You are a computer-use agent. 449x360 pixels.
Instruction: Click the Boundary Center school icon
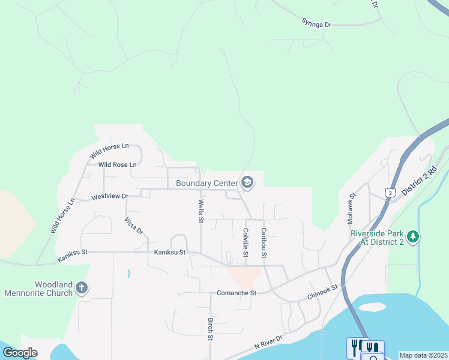pyautogui.click(x=247, y=182)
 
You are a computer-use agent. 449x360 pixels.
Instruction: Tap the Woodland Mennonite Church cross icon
pyautogui.click(x=82, y=289)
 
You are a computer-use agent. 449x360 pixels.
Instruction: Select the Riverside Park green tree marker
pyautogui.click(x=412, y=237)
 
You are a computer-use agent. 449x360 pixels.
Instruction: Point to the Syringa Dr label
pyautogui.click(x=316, y=23)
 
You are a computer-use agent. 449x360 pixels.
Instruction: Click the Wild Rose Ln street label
pyautogui.click(x=118, y=164)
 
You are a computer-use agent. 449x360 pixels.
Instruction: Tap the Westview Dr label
pyautogui.click(x=110, y=196)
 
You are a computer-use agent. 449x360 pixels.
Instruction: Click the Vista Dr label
pyautogui.click(x=133, y=226)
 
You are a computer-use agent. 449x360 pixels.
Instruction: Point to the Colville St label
pyautogui.click(x=246, y=242)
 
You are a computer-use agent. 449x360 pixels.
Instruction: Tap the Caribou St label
pyautogui.click(x=263, y=242)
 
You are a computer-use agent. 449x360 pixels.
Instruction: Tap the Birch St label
pyautogui.click(x=210, y=329)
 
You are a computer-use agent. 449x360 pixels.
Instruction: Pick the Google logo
pyautogui.click(x=20, y=353)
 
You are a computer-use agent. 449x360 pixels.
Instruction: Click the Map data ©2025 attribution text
pyautogui.click(x=423, y=355)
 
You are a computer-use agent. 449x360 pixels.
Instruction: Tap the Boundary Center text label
pyautogui.click(x=206, y=183)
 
